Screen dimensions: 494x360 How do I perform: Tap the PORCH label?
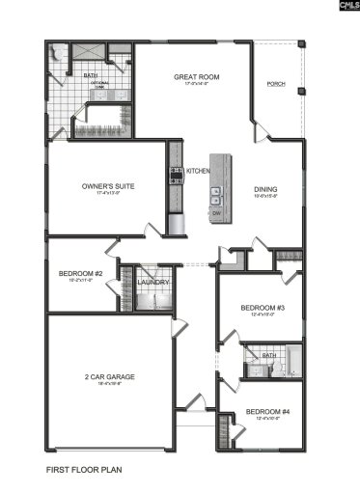click(x=276, y=84)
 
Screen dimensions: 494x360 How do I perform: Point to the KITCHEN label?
click(x=198, y=171)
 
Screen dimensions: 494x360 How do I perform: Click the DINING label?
click(x=265, y=188)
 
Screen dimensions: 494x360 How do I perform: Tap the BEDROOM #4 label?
click(x=264, y=412)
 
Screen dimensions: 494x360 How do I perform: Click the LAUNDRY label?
click(x=153, y=283)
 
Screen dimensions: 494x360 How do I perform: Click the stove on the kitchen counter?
click(x=176, y=175)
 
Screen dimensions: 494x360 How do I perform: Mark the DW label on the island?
click(x=216, y=211)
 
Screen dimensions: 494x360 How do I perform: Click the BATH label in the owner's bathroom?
click(x=90, y=74)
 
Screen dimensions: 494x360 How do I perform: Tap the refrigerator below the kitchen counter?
click(x=177, y=225)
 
